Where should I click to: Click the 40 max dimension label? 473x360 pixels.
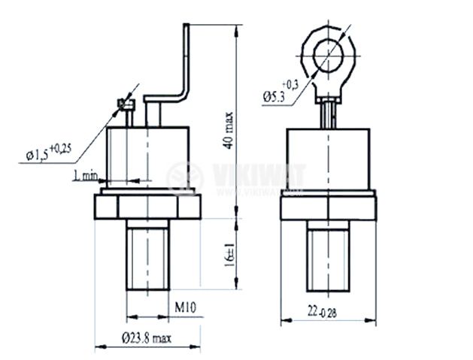229,130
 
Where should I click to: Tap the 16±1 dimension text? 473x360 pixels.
229,256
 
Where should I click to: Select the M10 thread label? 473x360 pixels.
186,307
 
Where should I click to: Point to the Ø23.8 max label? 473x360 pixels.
147,338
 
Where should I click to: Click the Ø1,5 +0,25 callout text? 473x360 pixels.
49,153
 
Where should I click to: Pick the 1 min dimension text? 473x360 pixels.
86,175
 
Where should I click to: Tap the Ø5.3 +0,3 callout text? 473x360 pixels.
280,92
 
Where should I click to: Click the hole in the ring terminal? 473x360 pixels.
328,56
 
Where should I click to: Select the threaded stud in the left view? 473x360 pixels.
148,255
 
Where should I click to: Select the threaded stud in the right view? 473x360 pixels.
328,256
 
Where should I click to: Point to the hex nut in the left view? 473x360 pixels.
147,207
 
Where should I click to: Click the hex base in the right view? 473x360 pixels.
329,208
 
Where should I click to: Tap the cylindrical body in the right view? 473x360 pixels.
328,159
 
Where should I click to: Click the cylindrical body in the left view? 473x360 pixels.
148,157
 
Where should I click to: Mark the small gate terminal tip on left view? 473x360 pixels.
126,104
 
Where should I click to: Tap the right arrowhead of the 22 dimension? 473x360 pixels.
371,320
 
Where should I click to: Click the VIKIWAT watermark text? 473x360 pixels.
259,174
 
